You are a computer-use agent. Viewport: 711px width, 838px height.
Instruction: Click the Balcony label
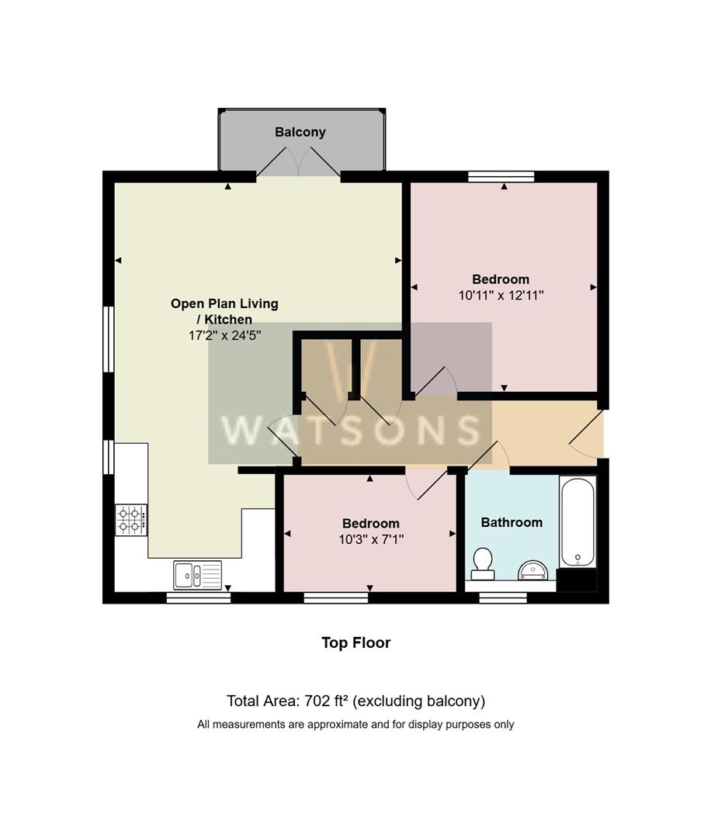300,133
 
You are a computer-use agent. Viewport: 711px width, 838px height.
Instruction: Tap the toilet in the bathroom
483,564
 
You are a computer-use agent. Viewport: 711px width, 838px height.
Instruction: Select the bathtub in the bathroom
577,521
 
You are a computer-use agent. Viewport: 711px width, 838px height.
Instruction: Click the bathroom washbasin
532,571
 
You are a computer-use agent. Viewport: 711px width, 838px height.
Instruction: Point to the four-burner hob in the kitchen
131,520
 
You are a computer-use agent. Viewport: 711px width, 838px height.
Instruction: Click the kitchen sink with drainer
198,575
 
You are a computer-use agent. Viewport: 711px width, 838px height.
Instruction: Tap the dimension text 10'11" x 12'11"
501,296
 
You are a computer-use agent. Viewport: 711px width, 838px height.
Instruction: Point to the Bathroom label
512,522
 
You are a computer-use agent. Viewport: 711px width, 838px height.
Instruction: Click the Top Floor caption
356,643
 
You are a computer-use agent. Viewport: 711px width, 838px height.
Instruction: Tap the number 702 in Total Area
314,701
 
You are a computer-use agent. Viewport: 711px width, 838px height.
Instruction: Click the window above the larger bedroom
501,176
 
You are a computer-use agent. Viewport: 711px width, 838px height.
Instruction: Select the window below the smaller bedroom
335,597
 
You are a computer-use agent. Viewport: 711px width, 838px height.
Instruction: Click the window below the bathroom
502,597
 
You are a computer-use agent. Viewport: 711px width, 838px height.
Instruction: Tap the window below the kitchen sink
199,597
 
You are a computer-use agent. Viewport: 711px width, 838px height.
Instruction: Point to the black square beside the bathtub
577,580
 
